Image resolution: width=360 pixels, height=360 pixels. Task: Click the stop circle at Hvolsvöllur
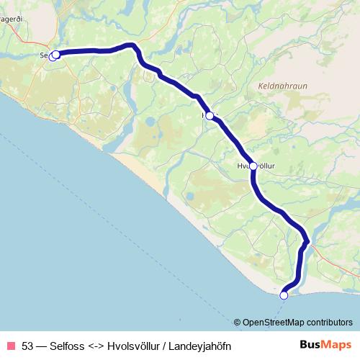pyautogui.click(x=253, y=166)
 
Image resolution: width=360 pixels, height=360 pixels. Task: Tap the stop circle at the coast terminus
pyautogui.click(x=284, y=295)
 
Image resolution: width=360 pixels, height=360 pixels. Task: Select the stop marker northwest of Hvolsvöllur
pyautogui.click(x=209, y=115)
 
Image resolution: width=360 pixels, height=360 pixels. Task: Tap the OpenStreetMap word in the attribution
pyautogui.click(x=269, y=323)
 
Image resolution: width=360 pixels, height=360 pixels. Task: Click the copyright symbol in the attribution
pyautogui.click(x=237, y=323)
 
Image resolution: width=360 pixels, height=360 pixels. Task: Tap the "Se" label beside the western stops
pyautogui.click(x=44, y=55)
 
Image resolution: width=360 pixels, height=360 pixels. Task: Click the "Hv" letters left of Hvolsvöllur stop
pyautogui.click(x=241, y=166)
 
